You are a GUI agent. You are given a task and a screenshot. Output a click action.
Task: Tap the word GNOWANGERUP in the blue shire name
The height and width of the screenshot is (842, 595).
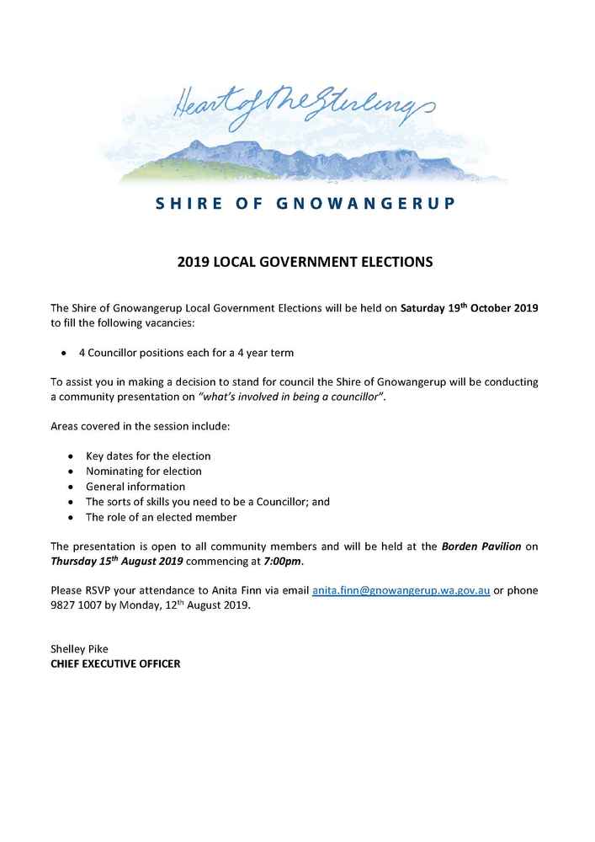[366, 204]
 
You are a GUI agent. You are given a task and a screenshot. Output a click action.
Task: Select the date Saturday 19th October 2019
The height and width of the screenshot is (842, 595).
[469, 308]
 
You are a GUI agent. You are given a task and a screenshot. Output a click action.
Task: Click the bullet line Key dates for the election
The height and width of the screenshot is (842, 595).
[148, 456]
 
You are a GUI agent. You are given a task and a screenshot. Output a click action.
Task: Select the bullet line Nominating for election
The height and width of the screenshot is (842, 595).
[144, 471]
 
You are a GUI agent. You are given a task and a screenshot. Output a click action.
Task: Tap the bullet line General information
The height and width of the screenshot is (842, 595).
[135, 486]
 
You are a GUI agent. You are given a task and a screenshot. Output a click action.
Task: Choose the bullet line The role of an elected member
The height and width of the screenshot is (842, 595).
[162, 517]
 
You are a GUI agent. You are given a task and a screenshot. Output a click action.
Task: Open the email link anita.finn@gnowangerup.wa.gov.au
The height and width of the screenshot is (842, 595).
[401, 591]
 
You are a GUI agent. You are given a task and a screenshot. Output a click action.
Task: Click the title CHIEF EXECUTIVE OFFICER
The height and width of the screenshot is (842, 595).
[115, 663]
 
